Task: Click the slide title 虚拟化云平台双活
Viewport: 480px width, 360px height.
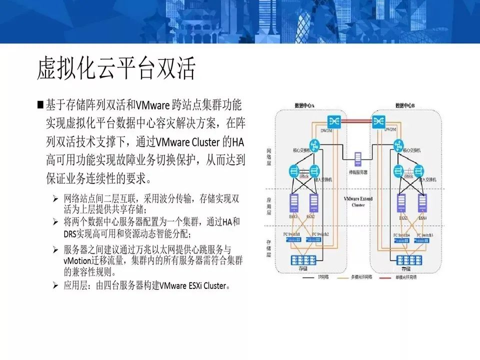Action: (x=115, y=69)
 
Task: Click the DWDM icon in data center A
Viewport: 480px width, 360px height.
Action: (x=333, y=121)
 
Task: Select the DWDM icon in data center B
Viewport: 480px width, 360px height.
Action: (x=378, y=121)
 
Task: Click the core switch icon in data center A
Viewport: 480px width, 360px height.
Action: (x=314, y=144)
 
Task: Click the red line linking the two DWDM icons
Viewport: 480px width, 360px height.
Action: (x=355, y=120)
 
